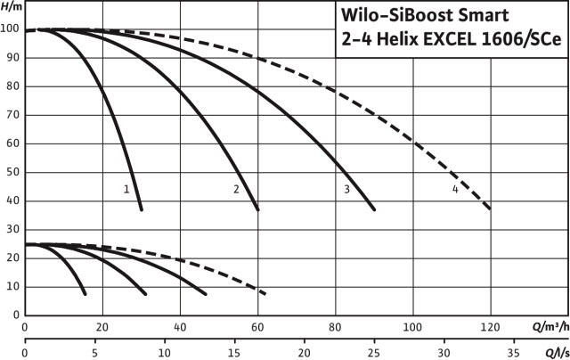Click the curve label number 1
pyautogui.click(x=126, y=189)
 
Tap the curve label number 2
pyautogui.click(x=236, y=189)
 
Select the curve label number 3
pyautogui.click(x=346, y=189)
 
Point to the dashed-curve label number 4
pyautogui.click(x=455, y=189)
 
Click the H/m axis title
pyautogui.click(x=12, y=7)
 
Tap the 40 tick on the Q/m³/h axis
pyautogui.click(x=180, y=326)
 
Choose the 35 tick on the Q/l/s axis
pyautogui.click(x=513, y=352)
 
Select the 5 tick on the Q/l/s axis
pyautogui.click(x=94, y=352)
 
